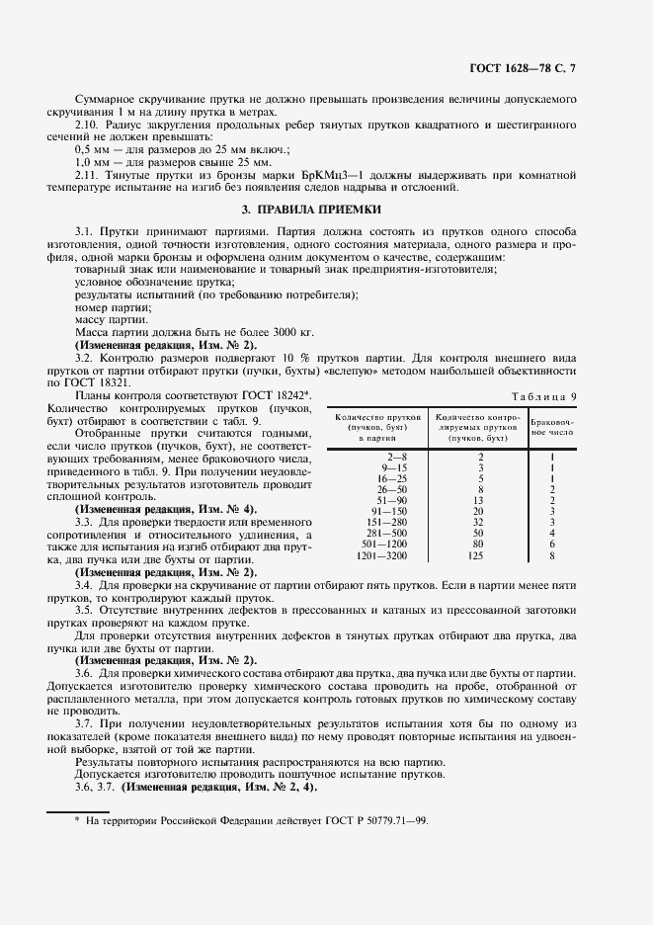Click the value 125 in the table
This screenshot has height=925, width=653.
point(478,556)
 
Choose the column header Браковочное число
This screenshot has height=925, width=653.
point(552,426)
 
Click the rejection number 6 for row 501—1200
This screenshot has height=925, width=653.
point(552,544)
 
